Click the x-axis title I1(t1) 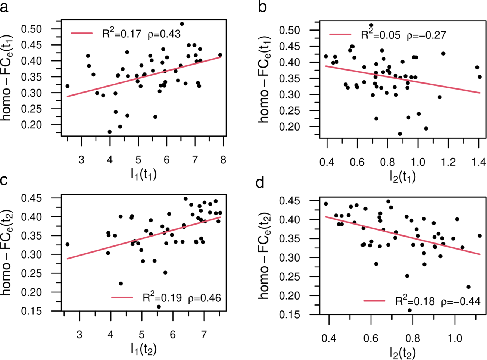coord(143,174)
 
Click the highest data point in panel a coord(182,24)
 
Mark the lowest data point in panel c coord(159,307)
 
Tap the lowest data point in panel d coord(409,310)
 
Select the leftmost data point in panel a coord(68,86)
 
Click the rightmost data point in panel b coord(480,77)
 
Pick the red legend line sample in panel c coord(122,297)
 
